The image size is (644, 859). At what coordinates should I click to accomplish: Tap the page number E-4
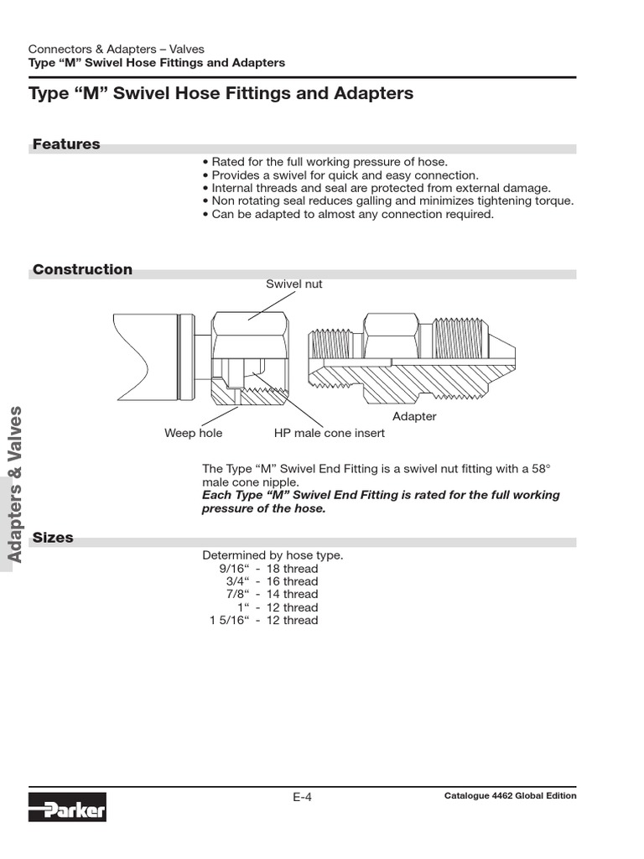(x=302, y=798)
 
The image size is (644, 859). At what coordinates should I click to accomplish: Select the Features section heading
(x=66, y=144)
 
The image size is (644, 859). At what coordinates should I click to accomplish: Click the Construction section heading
(x=82, y=269)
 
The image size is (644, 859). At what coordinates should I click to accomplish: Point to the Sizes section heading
(x=53, y=537)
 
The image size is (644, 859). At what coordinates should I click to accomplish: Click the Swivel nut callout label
(x=293, y=284)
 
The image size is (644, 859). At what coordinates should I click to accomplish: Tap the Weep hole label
(x=193, y=433)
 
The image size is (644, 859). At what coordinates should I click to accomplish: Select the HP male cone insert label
(x=329, y=433)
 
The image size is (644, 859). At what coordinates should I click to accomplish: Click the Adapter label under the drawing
(x=414, y=416)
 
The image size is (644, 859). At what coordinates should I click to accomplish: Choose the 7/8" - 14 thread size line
(x=272, y=595)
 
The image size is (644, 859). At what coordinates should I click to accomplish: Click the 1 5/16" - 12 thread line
(x=263, y=621)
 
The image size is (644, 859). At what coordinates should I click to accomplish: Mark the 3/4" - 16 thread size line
(x=272, y=581)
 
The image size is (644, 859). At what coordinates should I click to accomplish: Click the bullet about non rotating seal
(x=388, y=200)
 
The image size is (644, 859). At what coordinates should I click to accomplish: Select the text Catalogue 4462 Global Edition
(x=510, y=796)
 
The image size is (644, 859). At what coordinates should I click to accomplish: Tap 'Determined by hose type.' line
(x=273, y=555)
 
